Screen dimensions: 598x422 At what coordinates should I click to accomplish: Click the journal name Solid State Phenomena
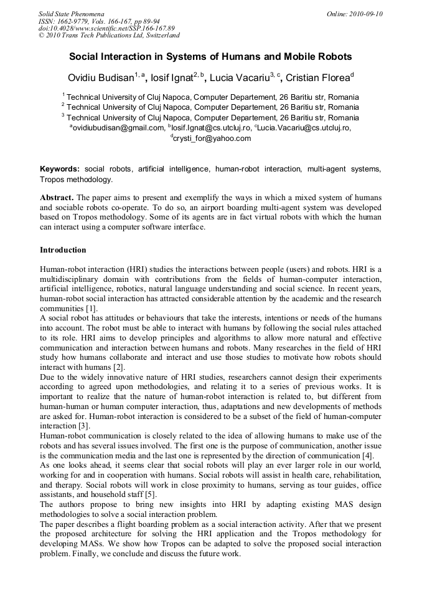pos(71,13)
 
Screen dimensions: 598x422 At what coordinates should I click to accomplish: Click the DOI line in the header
pos(106,28)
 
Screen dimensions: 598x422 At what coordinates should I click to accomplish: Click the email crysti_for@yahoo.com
pos(212,138)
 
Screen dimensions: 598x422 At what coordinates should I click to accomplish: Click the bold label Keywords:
pos(60,169)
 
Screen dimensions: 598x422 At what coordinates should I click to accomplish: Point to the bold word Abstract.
pos(57,197)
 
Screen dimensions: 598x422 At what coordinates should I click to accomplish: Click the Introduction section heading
pos(63,250)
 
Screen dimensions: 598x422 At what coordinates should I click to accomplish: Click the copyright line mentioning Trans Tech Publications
pos(109,36)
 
